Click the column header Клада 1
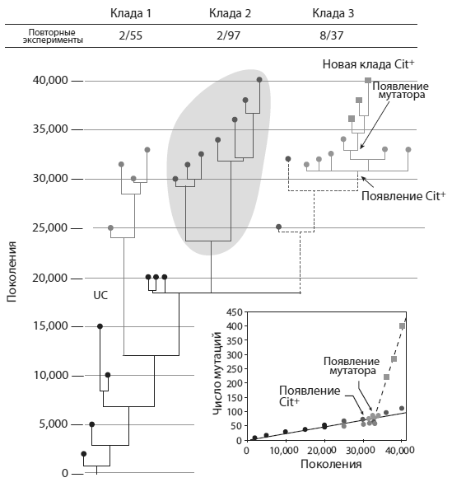131,13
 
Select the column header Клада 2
230,13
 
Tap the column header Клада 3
333,13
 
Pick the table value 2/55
131,35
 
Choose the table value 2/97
229,35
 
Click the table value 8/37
332,35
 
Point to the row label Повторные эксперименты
53,36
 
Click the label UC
100,295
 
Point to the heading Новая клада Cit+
368,64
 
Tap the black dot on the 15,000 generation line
100,326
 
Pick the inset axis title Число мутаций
218,373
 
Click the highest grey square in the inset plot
402,326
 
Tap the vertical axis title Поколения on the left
12,272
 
